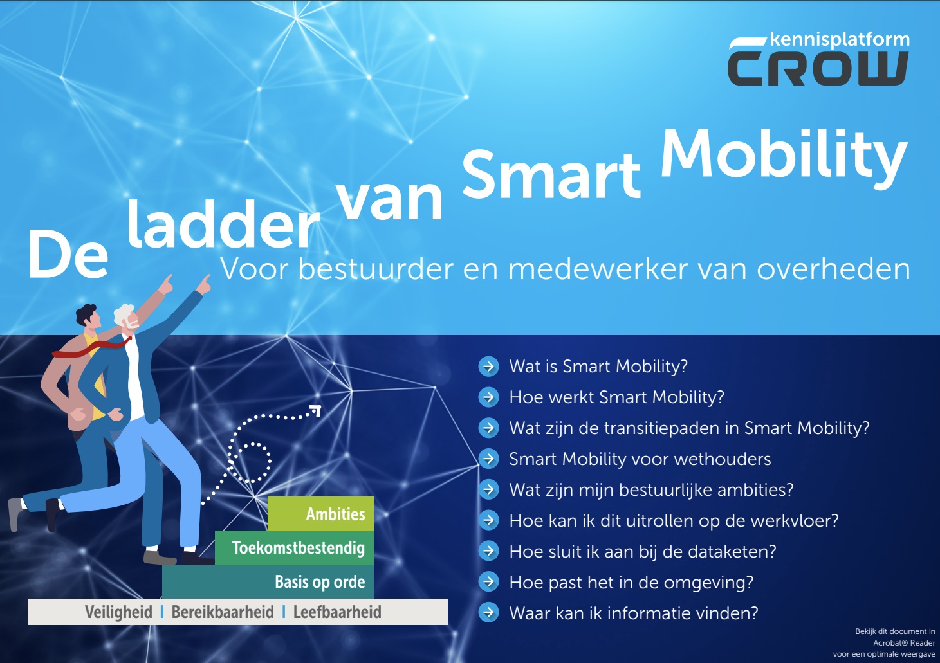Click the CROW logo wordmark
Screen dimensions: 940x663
point(818,69)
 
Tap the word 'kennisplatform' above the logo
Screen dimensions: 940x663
point(840,40)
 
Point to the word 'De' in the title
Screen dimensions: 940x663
point(68,255)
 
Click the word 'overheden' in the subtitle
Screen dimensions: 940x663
point(833,269)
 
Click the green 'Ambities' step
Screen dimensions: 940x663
point(320,514)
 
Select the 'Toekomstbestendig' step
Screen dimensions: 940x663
point(294,548)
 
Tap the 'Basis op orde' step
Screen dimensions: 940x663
point(268,582)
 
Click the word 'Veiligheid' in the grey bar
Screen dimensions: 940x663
point(118,612)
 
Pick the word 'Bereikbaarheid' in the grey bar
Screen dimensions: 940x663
point(223,612)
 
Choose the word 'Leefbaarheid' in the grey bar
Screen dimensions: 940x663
point(337,612)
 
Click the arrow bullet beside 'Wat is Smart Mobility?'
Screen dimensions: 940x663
point(488,367)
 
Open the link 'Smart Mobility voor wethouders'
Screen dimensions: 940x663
point(640,459)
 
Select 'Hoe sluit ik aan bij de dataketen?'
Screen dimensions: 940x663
point(643,552)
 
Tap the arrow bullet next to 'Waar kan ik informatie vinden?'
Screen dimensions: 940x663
point(488,613)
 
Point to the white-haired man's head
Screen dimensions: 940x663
point(127,317)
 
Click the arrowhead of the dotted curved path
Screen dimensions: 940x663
point(315,410)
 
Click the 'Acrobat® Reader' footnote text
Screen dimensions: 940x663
point(904,643)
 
